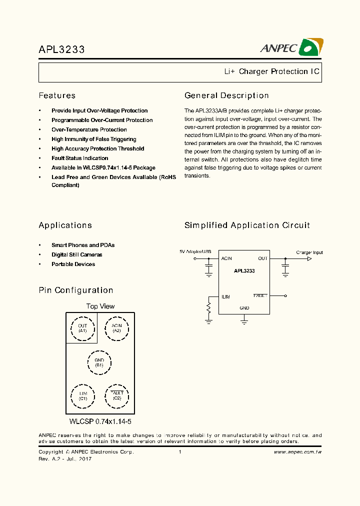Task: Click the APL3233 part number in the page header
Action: tap(61, 49)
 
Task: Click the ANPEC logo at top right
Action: tap(291, 47)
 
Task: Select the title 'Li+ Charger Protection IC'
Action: tap(271, 71)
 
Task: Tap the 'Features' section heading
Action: tap(57, 95)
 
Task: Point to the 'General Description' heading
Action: tap(226, 95)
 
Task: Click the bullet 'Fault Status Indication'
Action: tap(79, 158)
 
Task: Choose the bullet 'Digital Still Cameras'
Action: tap(76, 254)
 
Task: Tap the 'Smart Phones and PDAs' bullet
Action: tap(83, 245)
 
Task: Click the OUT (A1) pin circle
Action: tap(82, 328)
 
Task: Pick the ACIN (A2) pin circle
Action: tap(116, 328)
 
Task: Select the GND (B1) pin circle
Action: tap(99, 362)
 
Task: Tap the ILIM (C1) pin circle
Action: tap(82, 396)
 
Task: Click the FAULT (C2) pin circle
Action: tap(116, 396)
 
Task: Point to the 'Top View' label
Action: tap(100, 306)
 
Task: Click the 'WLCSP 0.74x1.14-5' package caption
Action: tap(100, 422)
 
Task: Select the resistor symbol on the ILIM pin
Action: tap(208, 307)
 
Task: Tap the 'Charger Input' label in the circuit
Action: tap(309, 252)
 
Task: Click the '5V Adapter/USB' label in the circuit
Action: tap(195, 251)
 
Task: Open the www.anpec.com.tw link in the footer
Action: tap(297, 452)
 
